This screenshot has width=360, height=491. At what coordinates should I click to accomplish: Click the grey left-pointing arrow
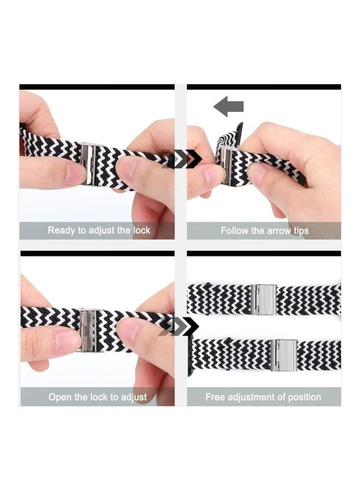[228, 106]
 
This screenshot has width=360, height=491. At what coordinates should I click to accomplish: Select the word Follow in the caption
[235, 231]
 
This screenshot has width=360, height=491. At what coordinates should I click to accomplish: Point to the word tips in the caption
[299, 231]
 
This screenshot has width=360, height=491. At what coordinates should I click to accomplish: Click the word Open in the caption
[59, 397]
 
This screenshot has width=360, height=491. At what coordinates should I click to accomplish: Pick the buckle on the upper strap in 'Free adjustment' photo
[263, 300]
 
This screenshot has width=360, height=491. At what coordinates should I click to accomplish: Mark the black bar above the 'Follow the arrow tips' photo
[263, 87]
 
